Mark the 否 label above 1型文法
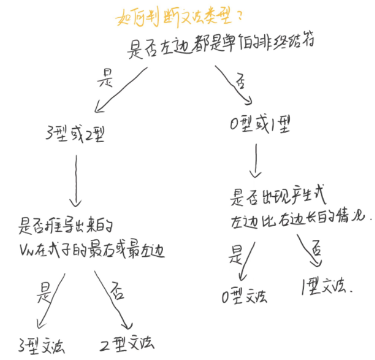[x=317, y=250]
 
